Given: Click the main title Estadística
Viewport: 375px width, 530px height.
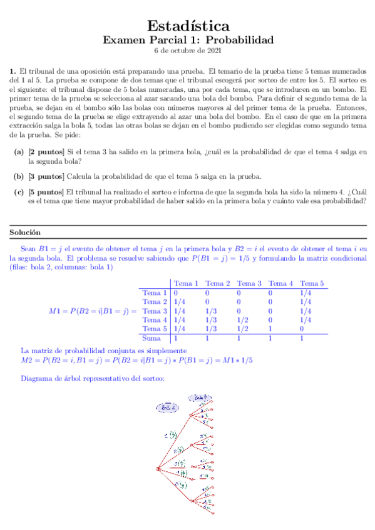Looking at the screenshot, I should tap(188, 26).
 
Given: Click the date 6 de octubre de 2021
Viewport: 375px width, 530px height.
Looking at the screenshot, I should tap(188, 51).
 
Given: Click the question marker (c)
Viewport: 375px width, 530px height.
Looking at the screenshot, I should tap(19, 192).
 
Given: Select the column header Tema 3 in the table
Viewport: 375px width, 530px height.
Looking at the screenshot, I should tap(250, 284).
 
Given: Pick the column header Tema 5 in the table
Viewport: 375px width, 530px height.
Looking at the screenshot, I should tap(312, 284).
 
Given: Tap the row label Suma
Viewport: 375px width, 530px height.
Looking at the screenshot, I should tap(152, 338).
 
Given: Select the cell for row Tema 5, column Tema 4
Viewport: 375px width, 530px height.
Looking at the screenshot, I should tap(270, 329).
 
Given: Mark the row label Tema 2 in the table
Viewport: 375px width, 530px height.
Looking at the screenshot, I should tap(155, 302).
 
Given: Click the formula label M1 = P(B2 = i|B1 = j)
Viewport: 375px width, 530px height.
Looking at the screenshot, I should tap(91, 311).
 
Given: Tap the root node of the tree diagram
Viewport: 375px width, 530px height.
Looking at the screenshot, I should tap(158, 468).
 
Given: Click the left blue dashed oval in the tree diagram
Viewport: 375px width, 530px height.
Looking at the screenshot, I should tap(167, 407).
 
